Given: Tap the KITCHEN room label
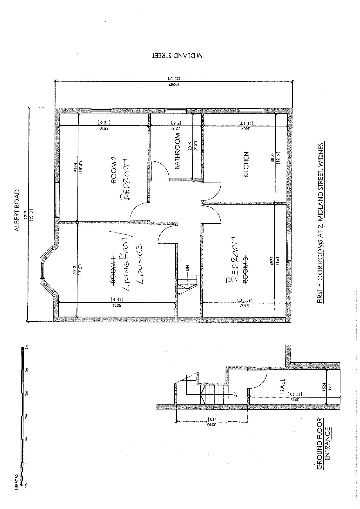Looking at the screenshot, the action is point(246,165).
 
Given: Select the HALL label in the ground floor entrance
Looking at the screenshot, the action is point(282,386).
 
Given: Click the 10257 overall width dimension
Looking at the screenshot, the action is point(174,84).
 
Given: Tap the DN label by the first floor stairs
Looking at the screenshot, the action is point(188,268).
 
